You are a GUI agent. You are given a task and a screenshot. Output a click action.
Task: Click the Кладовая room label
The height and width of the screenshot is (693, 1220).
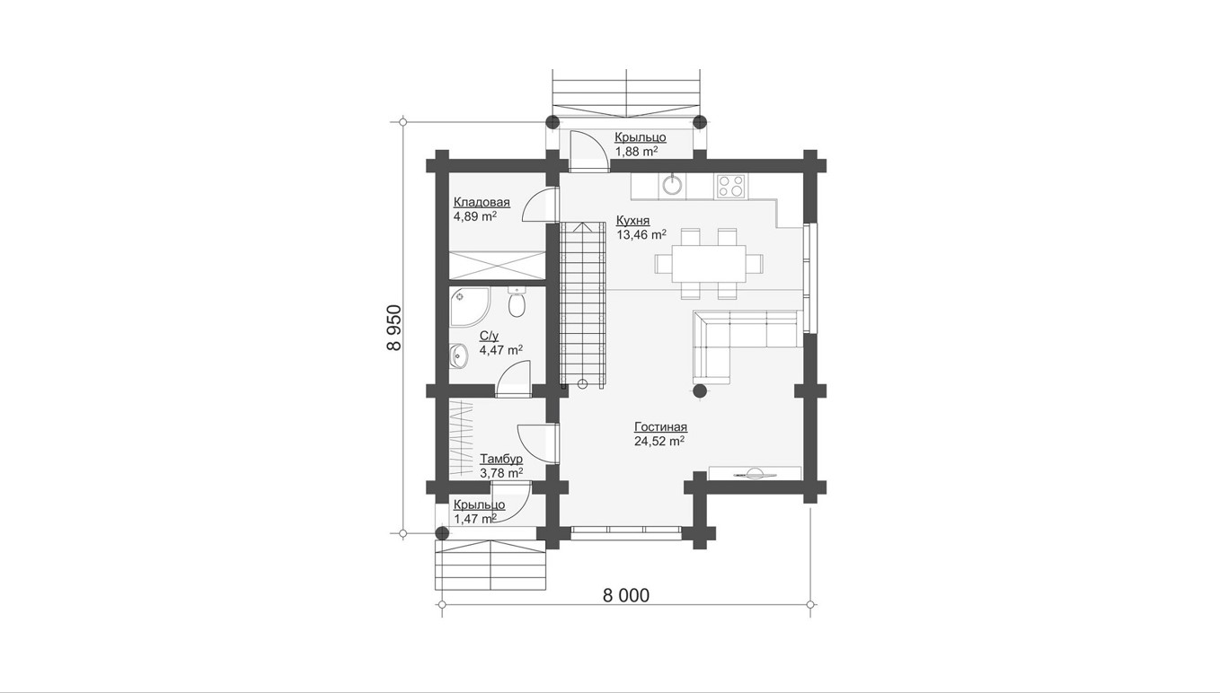[482, 203]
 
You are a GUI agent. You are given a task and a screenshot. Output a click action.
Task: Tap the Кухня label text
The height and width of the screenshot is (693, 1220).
[632, 221]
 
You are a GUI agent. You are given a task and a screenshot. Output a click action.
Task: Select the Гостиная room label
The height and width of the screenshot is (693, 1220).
[660, 426]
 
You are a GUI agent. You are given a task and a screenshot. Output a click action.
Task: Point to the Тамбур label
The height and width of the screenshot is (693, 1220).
[501, 459]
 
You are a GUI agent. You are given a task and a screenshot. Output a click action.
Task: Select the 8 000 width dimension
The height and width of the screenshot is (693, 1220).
[626, 595]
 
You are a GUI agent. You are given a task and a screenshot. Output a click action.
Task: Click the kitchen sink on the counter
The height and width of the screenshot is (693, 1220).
[673, 186]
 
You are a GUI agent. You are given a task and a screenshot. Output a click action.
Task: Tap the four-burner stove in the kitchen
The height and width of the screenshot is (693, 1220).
[731, 186]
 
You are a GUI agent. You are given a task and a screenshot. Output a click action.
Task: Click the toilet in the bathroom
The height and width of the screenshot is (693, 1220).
[517, 303]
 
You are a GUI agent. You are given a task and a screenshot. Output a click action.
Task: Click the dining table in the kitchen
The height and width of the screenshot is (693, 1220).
[709, 264]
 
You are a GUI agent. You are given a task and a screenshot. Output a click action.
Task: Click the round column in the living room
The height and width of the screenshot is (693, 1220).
[700, 390]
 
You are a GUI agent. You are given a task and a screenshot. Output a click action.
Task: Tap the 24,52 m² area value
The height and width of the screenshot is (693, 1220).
[659, 441]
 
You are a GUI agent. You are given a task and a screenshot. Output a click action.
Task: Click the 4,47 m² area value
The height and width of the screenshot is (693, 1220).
[501, 350]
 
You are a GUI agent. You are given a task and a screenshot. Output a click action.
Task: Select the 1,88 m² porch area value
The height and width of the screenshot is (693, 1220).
[636, 152]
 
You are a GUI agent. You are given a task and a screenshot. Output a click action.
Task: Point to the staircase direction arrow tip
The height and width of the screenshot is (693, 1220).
[583, 224]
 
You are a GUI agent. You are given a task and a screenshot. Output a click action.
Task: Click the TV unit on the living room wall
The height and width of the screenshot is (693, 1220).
[755, 474]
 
